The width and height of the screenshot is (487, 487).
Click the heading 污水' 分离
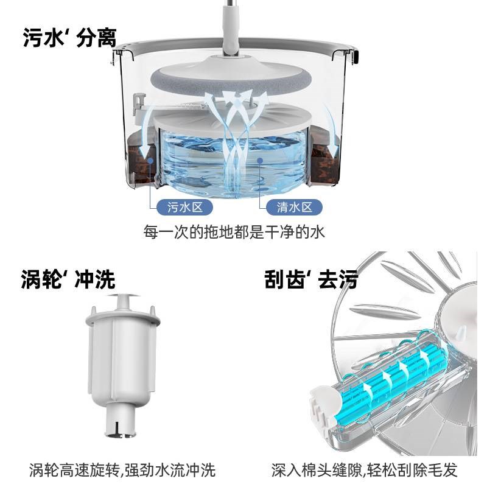(69, 38)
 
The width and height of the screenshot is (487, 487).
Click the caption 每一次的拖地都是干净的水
(239, 233)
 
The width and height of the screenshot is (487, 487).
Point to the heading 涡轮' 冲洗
(68, 279)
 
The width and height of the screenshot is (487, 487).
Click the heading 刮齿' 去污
(310, 279)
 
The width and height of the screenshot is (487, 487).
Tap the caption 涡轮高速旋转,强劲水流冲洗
(122, 470)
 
